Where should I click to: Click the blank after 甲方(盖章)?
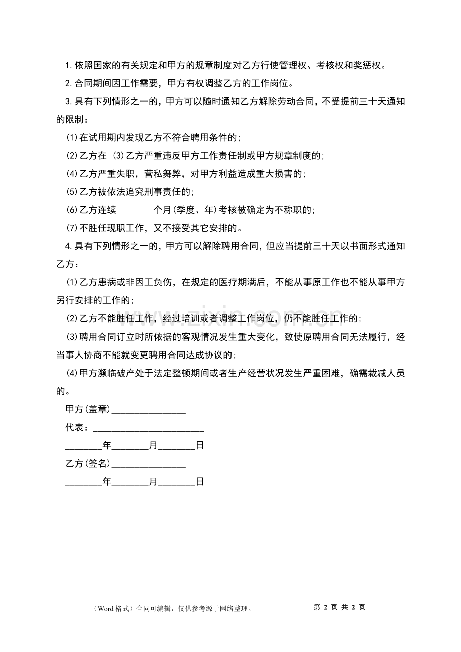point(148,410)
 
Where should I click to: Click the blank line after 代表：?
point(148,428)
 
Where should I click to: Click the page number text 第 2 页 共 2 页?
point(339,607)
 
